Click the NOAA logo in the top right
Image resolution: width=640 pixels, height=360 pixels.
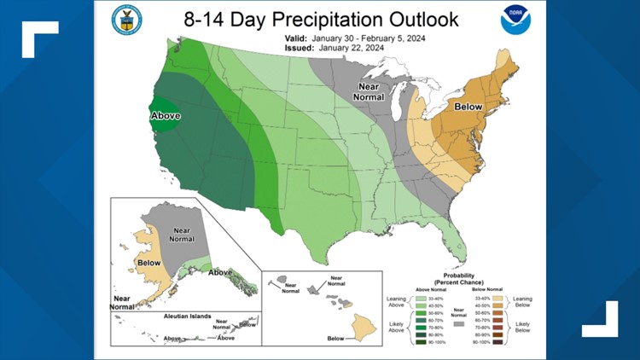click(515, 20)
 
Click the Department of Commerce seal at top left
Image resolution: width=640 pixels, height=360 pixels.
click(127, 20)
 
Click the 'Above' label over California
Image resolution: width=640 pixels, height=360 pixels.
click(166, 116)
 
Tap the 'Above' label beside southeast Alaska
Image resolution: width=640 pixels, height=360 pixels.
click(219, 272)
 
